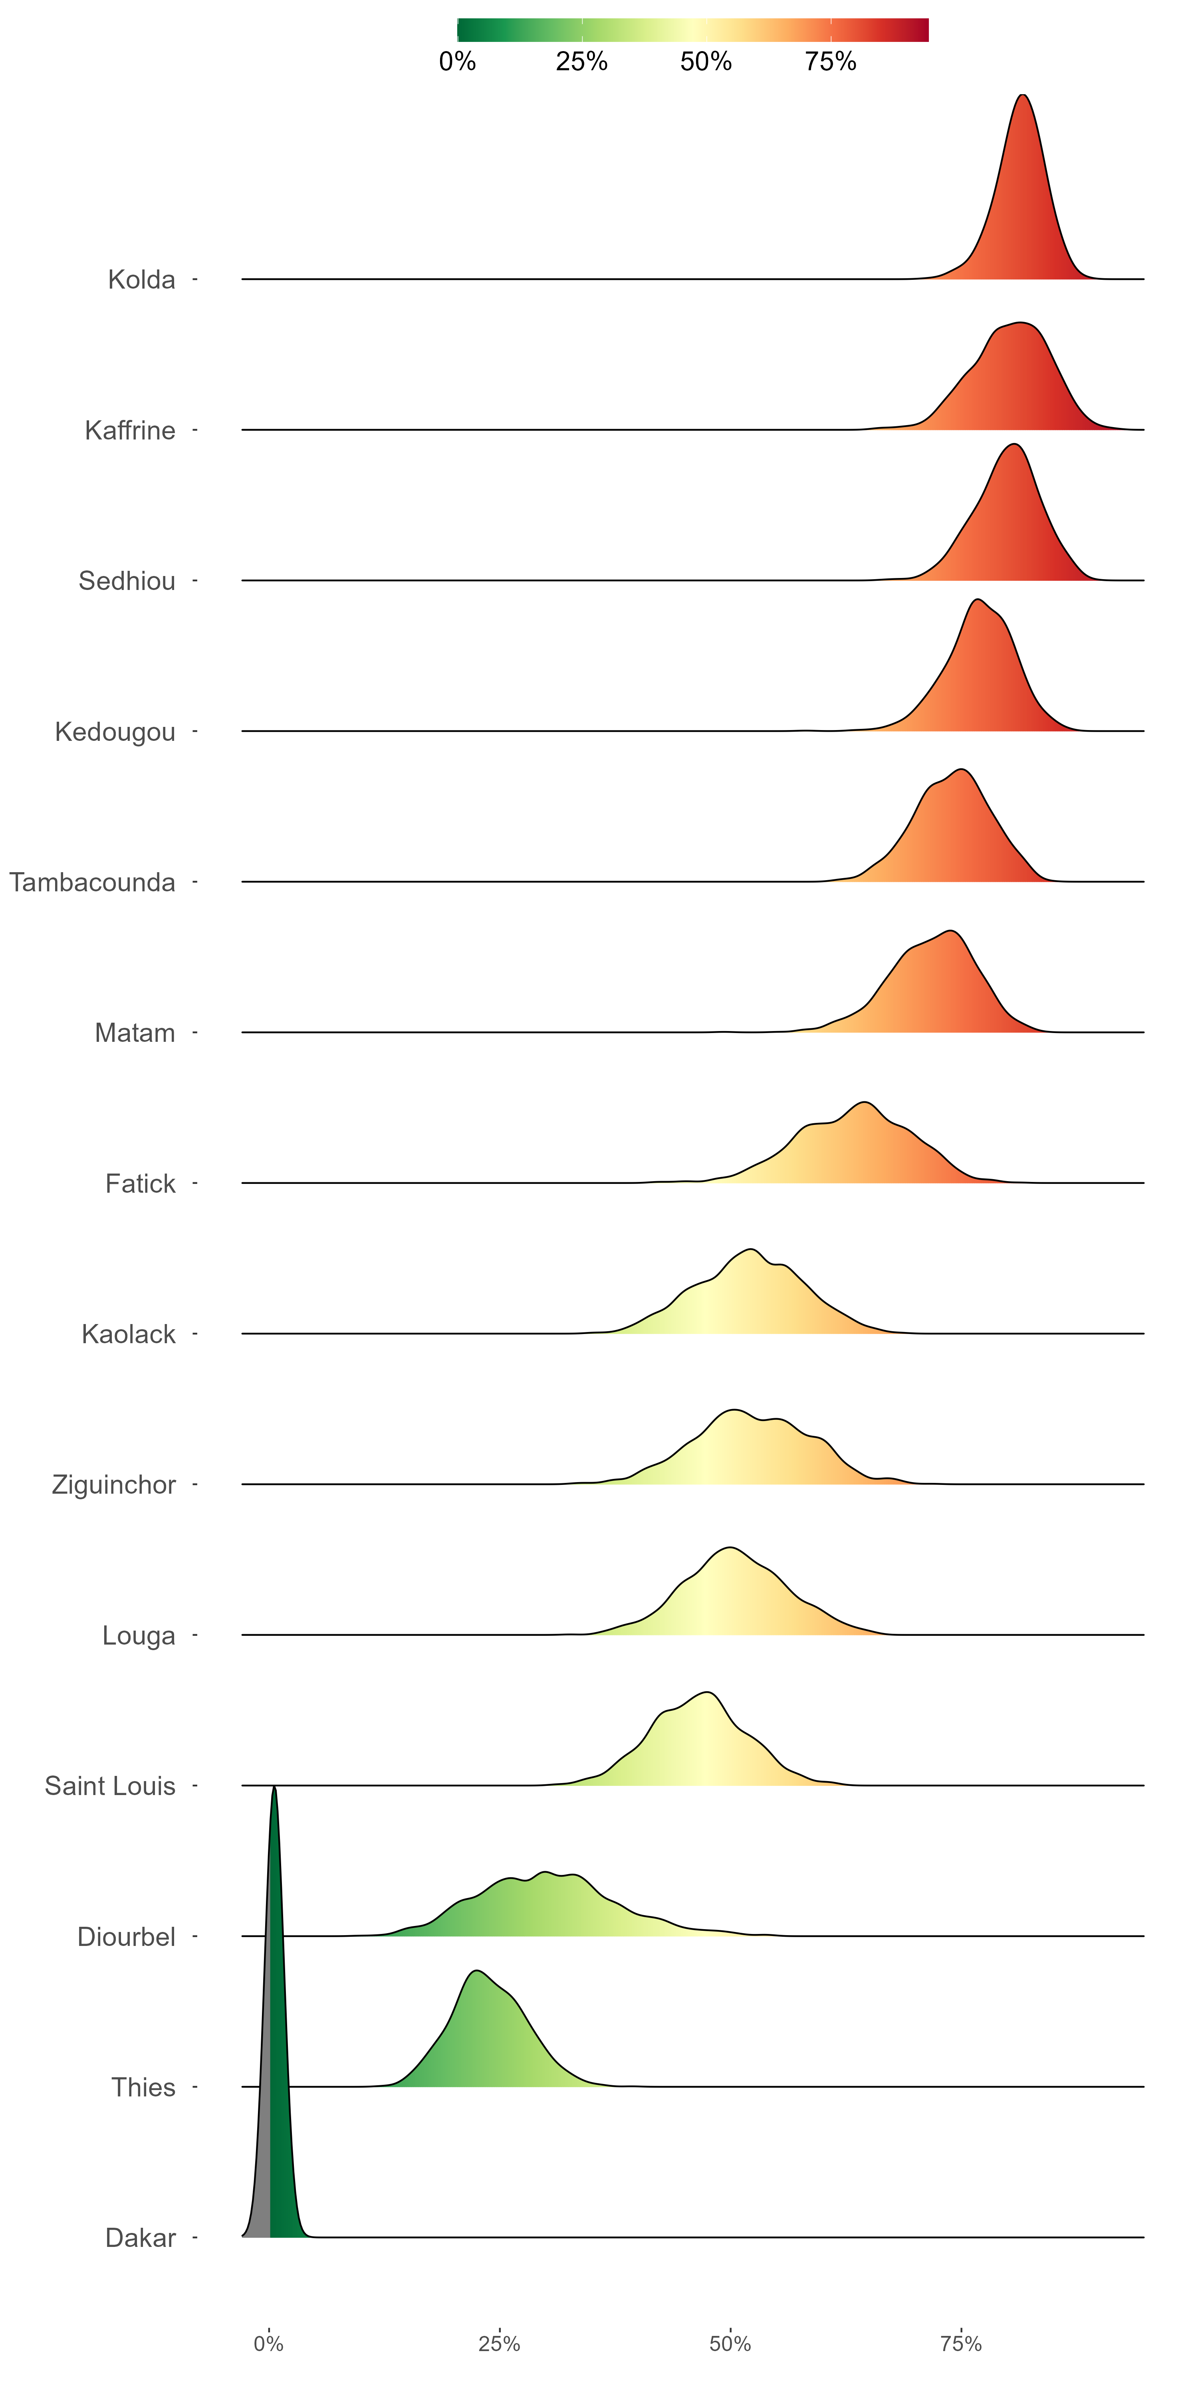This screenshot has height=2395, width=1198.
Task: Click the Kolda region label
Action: (x=141, y=280)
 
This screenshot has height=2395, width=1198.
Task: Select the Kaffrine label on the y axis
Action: (x=130, y=430)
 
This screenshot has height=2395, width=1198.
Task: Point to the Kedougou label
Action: (x=115, y=732)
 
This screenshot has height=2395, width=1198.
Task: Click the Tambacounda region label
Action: (x=92, y=882)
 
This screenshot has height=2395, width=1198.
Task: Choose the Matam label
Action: (x=135, y=1033)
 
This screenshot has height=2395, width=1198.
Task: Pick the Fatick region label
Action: (x=141, y=1184)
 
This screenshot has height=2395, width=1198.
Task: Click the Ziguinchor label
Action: (x=113, y=1485)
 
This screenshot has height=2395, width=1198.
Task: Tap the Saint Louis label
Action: (x=110, y=1786)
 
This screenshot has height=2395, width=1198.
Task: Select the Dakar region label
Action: (x=141, y=2238)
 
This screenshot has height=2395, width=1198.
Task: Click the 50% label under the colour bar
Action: (x=706, y=61)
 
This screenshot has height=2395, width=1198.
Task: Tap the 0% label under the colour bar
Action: (x=458, y=61)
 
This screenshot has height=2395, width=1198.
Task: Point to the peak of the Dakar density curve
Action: (x=274, y=1787)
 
